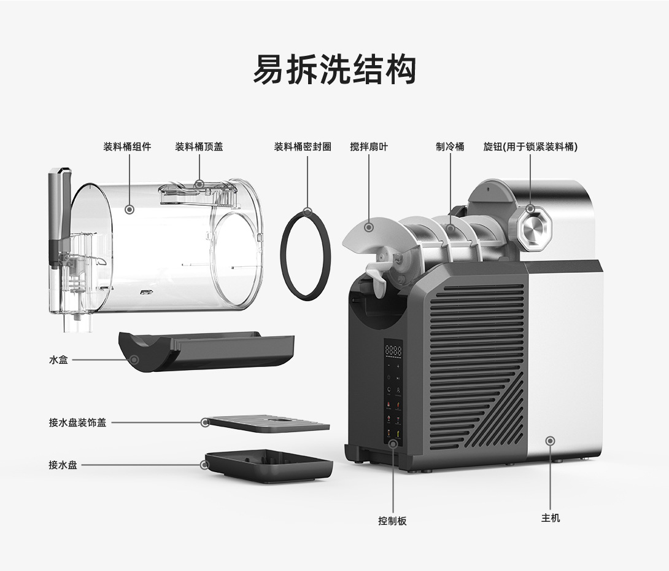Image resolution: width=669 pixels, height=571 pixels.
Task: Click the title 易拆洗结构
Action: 334,69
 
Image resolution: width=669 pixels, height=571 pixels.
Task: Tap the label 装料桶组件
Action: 127,147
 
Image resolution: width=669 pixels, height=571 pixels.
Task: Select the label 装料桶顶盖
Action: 199,147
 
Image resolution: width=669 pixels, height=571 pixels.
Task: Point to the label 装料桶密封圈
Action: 303,147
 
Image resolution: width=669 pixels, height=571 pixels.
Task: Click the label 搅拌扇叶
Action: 369,147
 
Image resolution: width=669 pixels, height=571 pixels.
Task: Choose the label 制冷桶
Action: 450,147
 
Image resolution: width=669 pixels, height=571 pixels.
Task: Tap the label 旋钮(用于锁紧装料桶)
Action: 530,147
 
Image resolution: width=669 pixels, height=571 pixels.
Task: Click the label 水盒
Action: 58,360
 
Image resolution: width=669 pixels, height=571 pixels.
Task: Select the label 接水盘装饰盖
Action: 77,423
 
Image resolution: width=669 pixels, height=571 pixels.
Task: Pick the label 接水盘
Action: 63,465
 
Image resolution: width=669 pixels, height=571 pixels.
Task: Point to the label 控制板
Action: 392,521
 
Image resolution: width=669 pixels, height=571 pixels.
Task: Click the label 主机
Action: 551,518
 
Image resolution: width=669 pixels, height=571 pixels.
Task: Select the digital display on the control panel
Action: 393,352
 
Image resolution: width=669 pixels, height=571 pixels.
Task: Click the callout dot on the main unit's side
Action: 551,441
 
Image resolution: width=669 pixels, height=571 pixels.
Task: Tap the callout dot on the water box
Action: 134,360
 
